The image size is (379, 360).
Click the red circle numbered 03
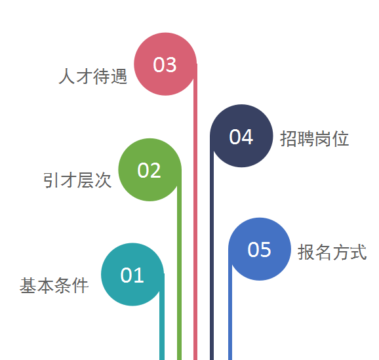[165, 64]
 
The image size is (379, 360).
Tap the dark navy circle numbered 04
[241, 136]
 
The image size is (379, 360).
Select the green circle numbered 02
[150, 170]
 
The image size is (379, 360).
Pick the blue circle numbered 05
[260, 249]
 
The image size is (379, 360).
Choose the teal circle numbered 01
[132, 274]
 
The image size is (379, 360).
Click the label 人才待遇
[93, 76]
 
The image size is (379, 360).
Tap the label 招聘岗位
[315, 138]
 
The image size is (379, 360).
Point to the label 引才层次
[77, 180]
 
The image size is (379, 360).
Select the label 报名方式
[332, 252]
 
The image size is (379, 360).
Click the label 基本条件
[54, 285]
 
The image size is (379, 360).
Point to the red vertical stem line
[195, 212]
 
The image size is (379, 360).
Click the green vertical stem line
[180, 265]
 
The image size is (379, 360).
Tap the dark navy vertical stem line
[212, 248]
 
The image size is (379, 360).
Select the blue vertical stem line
[230, 304]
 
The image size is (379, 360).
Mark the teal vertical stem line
[162, 317]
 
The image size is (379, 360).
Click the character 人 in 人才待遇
[67, 76]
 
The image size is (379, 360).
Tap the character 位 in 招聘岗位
[340, 138]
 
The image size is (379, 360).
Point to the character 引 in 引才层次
[50, 180]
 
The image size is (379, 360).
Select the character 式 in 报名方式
[359, 252]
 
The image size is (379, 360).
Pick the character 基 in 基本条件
[28, 285]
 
